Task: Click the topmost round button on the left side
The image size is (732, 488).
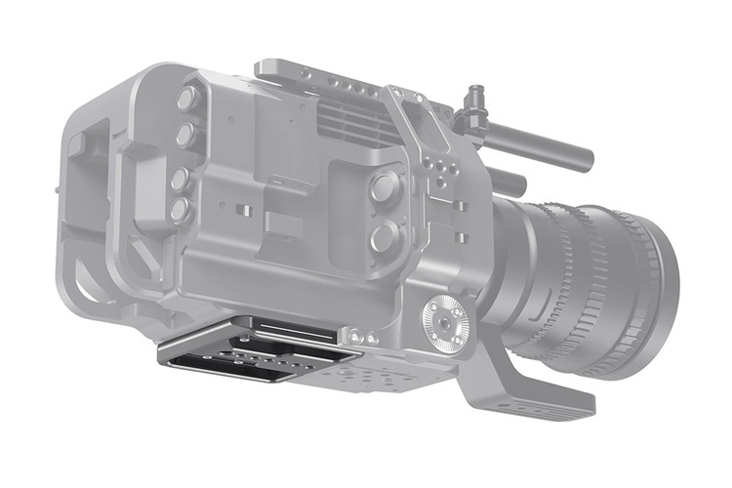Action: [x=186, y=99]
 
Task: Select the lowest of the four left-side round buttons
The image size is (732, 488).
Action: [x=180, y=209]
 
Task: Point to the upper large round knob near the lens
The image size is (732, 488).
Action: [x=384, y=186]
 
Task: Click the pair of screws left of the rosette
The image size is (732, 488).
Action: [x=365, y=336]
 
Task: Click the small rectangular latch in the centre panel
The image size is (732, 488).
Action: [x=282, y=224]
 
